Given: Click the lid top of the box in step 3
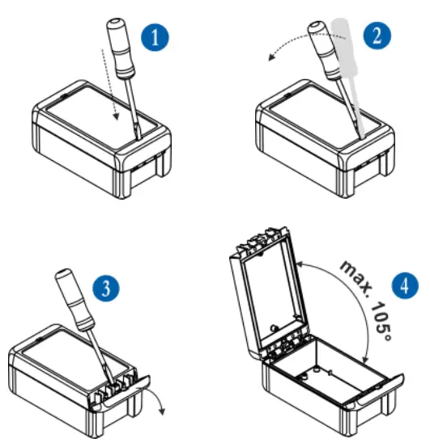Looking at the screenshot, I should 53,356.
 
